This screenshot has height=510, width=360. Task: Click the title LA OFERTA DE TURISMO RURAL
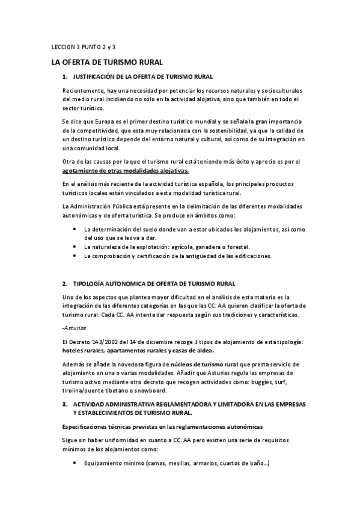pos(107,63)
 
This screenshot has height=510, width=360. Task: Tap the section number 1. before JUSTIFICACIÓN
pos(65,78)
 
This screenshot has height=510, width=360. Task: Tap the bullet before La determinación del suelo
pos(73,229)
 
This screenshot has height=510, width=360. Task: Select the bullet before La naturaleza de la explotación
pos(73,247)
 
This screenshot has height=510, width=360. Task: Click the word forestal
pos(237,247)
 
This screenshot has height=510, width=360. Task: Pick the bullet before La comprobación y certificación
pos(73,256)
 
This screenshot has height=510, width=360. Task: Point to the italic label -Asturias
pos(75,328)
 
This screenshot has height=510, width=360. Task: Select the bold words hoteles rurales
pos(84,351)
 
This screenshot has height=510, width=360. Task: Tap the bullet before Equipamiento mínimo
pos(73,462)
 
